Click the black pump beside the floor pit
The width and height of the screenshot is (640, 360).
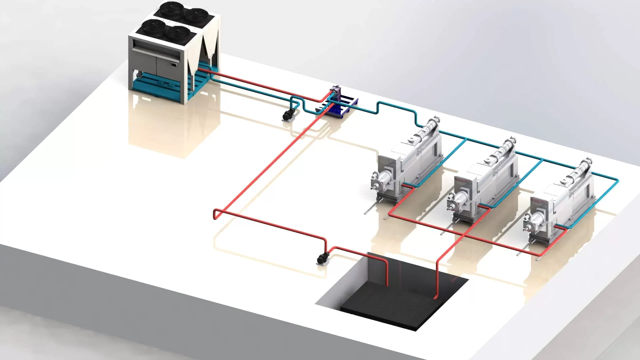(x=322, y=258)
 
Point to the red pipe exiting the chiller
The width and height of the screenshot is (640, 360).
(x=213, y=72)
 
